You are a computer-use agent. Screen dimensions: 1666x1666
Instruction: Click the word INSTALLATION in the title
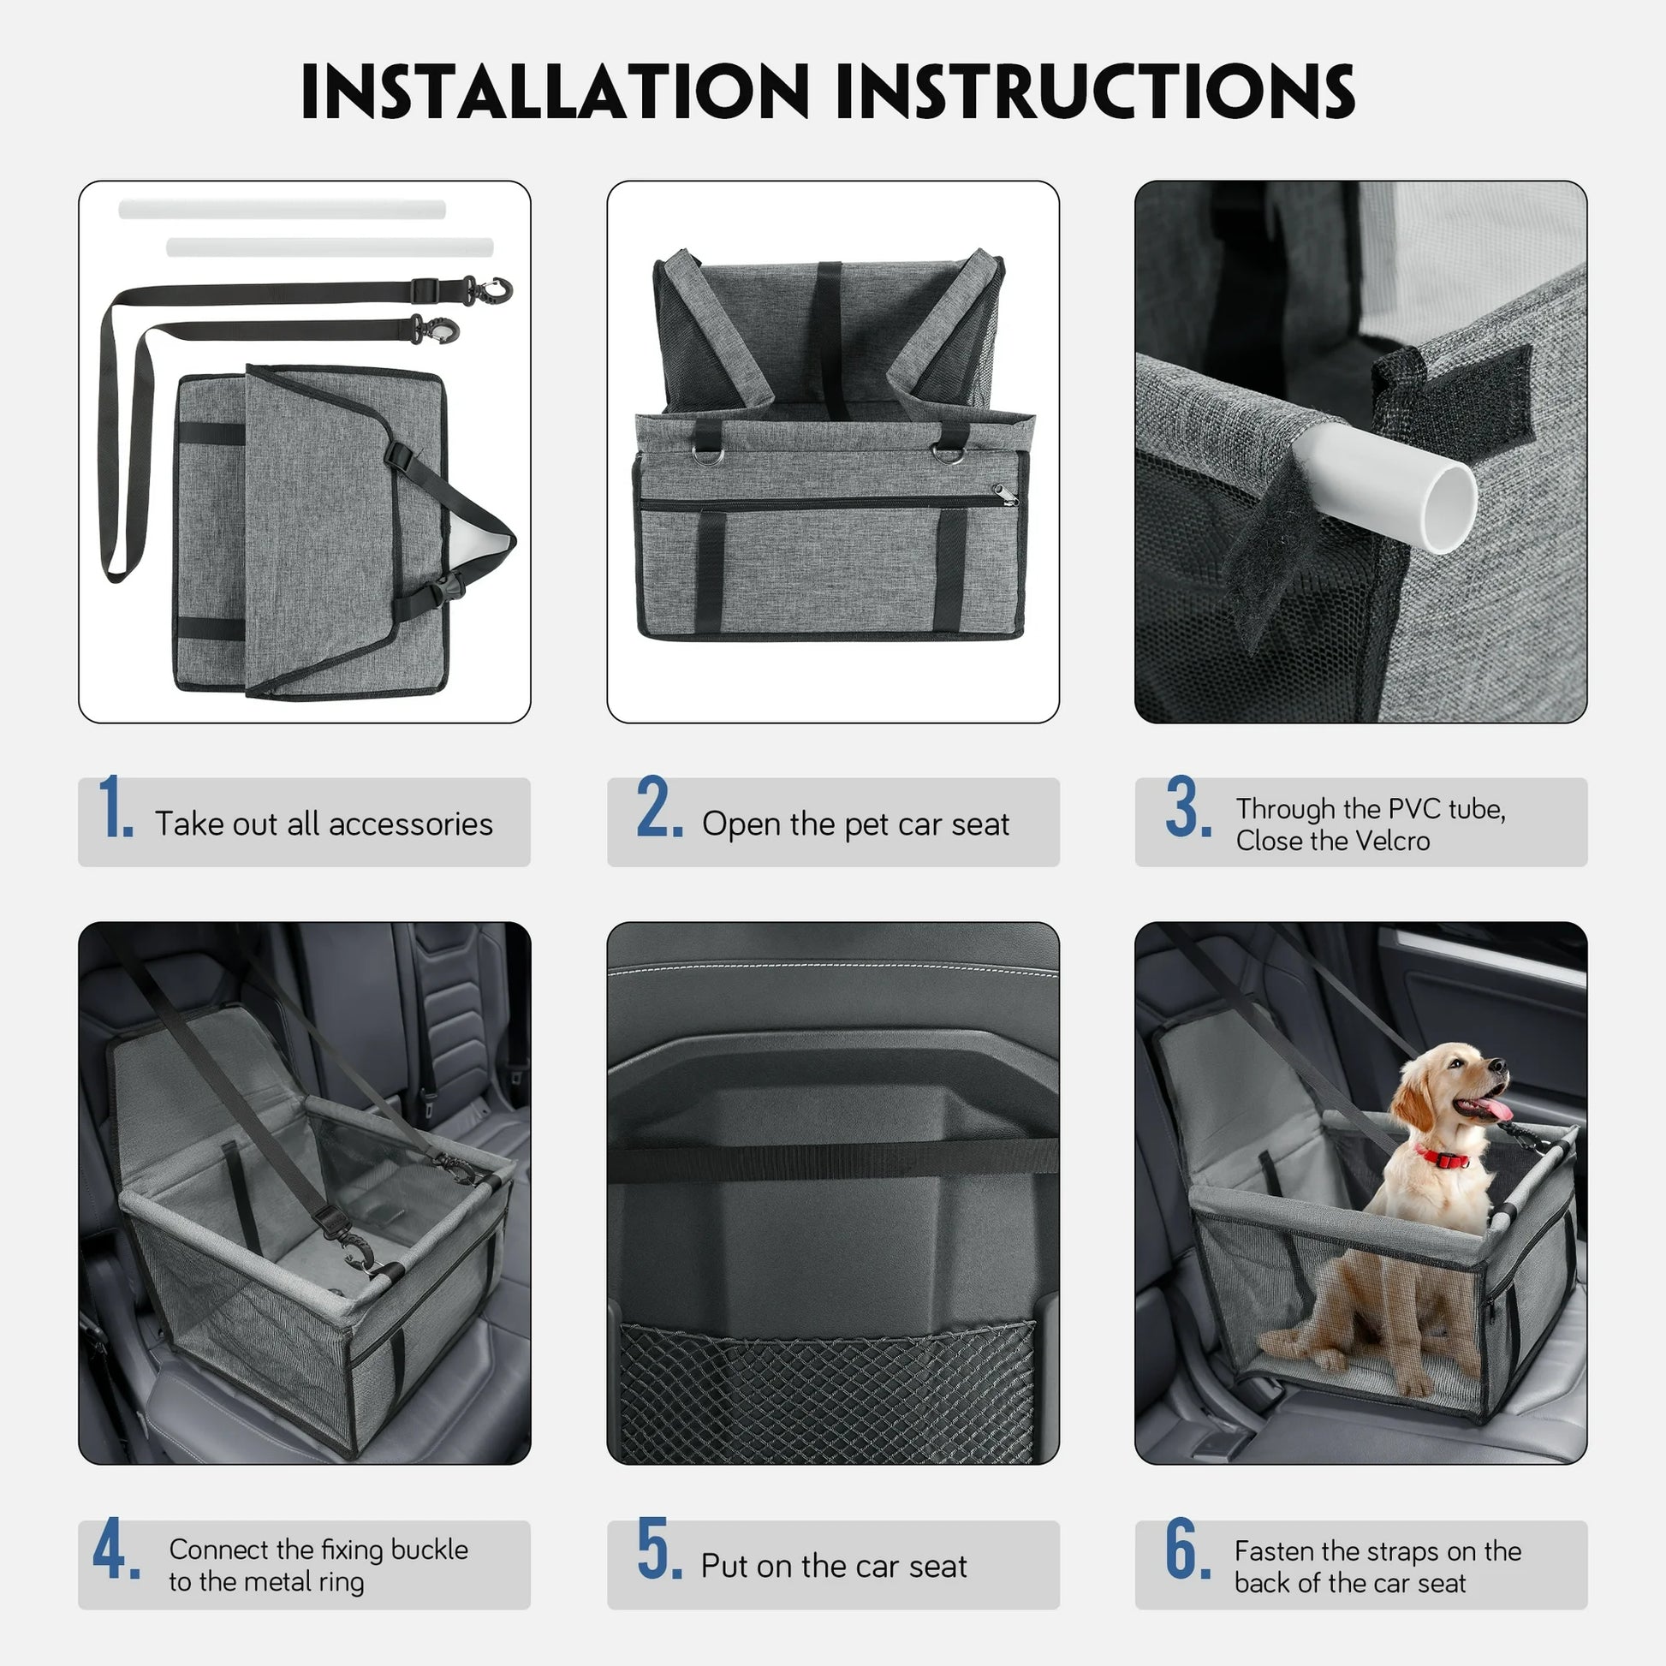(x=555, y=92)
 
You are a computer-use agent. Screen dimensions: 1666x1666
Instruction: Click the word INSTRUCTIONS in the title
(x=1095, y=92)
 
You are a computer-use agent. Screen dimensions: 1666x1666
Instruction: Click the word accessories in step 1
(x=410, y=824)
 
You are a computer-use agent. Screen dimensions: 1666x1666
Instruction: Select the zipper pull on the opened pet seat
(x=1005, y=495)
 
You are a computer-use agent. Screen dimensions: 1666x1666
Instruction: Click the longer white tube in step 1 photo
(x=282, y=210)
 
